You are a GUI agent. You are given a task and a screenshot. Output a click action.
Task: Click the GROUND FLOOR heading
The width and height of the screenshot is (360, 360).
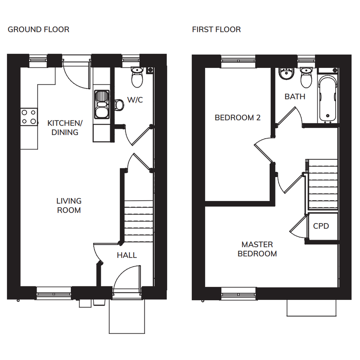pos(38,30)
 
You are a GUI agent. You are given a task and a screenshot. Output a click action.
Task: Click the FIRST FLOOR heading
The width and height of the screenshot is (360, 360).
pos(216,30)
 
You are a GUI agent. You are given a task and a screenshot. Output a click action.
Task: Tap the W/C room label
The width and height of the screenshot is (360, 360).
pos(135,100)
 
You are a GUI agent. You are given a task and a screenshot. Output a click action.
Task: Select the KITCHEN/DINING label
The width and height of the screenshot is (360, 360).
pos(65,128)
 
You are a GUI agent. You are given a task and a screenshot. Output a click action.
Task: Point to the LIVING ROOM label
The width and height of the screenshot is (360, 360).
pos(69,205)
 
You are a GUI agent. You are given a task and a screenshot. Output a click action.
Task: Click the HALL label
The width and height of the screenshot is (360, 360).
pos(127,255)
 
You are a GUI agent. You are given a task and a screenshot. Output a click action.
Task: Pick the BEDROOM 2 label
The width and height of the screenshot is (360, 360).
pos(238,118)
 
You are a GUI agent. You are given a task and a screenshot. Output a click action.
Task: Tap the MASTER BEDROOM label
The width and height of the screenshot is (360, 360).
pos(257,249)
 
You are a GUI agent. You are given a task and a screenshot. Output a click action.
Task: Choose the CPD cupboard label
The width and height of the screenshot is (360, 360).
pos(321,226)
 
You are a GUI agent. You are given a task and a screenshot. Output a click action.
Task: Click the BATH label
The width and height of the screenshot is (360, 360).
pos(295,97)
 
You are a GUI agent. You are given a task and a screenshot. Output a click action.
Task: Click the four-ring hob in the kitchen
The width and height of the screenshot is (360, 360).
pos(29,117)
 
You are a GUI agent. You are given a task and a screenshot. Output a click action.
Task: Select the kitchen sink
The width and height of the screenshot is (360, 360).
pos(102,104)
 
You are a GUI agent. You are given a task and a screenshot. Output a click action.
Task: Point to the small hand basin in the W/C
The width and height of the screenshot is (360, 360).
pos(119,105)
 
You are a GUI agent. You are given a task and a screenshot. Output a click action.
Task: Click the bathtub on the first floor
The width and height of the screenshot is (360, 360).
pos(328,99)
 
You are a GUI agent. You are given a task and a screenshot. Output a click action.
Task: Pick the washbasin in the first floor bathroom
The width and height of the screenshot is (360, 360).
pos(286,74)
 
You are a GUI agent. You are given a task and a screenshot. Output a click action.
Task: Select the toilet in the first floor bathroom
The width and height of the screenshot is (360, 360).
pos(306,78)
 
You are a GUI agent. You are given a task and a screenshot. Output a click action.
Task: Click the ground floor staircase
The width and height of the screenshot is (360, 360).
pos(139,221)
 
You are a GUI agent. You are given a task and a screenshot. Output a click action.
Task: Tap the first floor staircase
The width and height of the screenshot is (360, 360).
pos(323,184)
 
